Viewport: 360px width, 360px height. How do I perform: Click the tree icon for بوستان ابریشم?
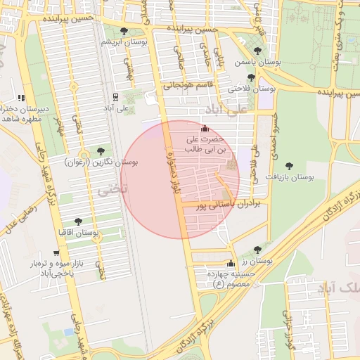pos(124,31)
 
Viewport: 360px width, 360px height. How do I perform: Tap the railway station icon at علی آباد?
pos(115,96)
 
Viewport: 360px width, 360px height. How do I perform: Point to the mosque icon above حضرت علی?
pos(205,129)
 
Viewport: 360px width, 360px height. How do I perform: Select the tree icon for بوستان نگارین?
pos(101,151)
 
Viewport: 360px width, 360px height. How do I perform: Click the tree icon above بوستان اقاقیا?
pos(78,221)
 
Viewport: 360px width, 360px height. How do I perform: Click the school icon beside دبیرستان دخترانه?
pos(21,98)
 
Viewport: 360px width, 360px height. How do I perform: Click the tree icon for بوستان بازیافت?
pos(289,166)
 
